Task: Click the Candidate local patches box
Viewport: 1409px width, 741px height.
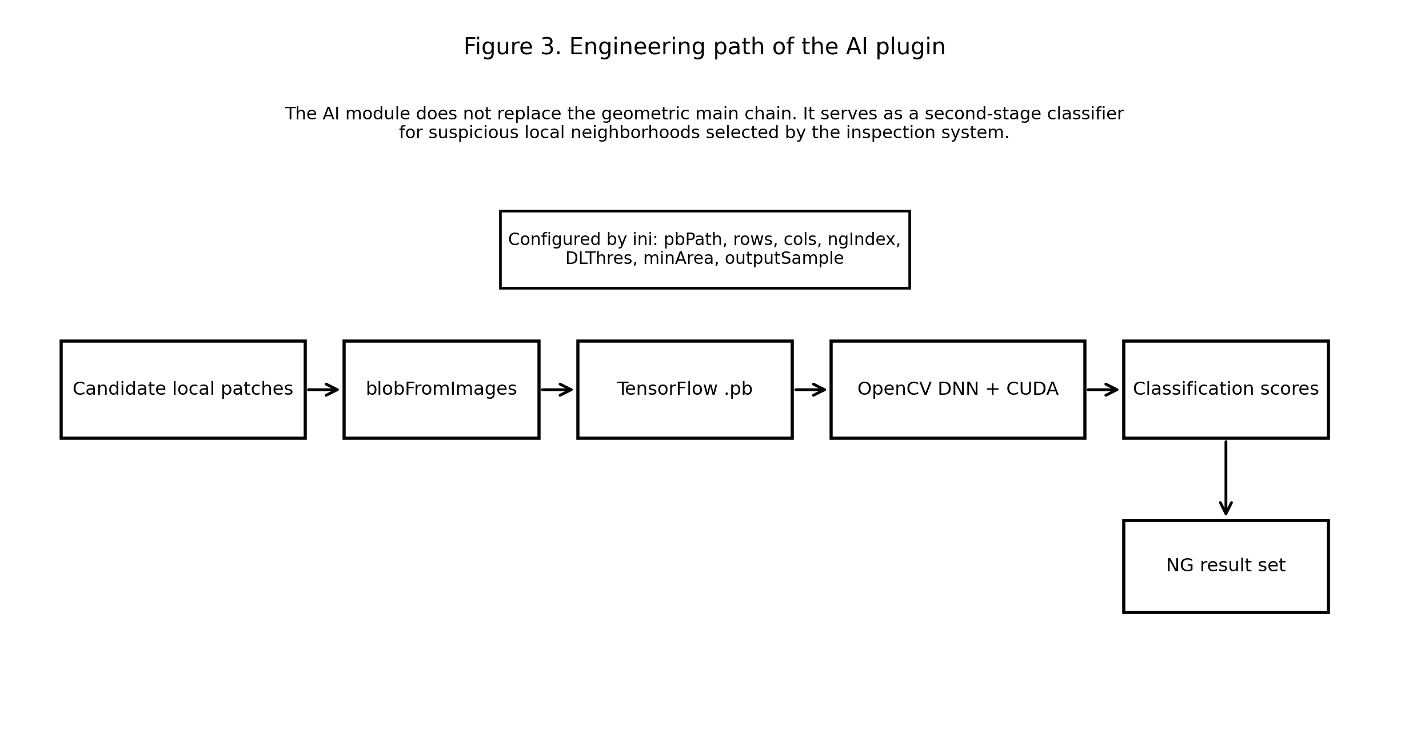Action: (x=183, y=390)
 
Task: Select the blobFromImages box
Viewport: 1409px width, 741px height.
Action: (x=441, y=390)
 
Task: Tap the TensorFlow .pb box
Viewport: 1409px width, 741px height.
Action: (x=685, y=390)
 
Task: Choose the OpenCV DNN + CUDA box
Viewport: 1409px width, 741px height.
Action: (x=957, y=390)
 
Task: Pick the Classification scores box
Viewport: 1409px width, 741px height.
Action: (x=1226, y=390)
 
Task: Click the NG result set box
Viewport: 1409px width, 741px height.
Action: (x=1226, y=566)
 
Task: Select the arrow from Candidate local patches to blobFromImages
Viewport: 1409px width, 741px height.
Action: (x=324, y=390)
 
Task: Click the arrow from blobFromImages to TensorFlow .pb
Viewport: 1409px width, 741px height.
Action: (x=557, y=390)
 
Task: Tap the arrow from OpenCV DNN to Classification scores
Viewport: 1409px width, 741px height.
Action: (x=1103, y=390)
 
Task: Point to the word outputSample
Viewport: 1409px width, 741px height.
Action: (x=784, y=259)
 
